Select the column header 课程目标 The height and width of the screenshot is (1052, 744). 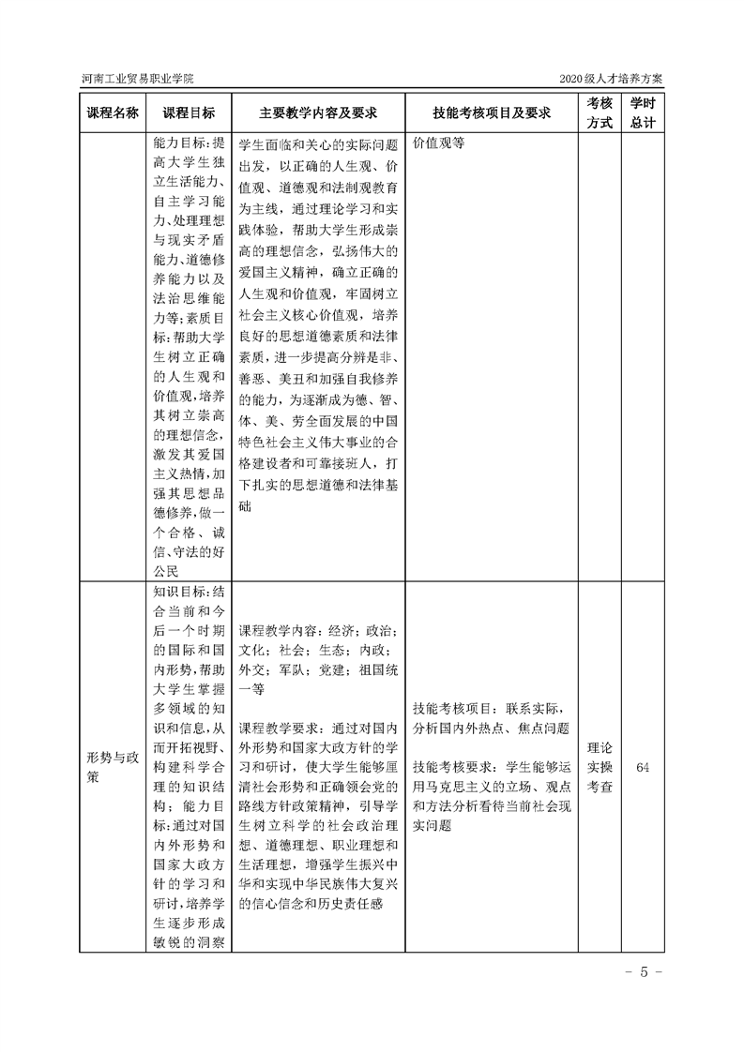[x=189, y=113]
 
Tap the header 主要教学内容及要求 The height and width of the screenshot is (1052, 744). [x=318, y=113]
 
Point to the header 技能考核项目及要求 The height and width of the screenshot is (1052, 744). [x=491, y=113]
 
